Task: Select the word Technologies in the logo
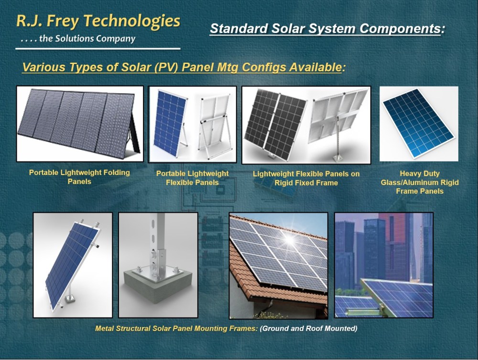point(132,22)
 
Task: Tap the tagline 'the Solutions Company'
point(87,39)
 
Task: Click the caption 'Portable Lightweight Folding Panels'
point(79,177)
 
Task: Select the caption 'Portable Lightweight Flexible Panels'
point(192,178)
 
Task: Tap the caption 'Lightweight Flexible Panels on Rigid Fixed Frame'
point(306,178)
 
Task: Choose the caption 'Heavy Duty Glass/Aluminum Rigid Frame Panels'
point(420,182)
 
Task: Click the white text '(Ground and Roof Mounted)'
point(308,328)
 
